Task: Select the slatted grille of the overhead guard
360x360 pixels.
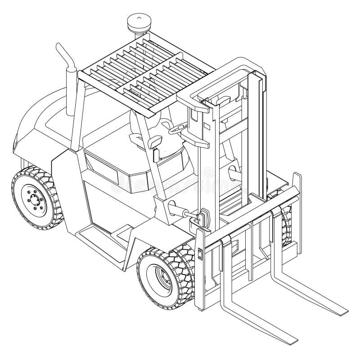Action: click(x=135, y=72)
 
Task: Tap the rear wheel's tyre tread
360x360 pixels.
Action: click(x=49, y=198)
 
